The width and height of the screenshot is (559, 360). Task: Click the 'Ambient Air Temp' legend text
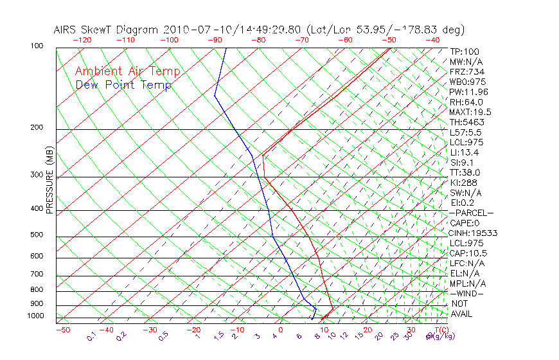[127, 71]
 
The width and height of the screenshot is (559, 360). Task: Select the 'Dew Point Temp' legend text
[123, 85]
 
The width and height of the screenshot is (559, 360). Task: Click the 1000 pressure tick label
[36, 316]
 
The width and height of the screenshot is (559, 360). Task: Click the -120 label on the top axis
[82, 40]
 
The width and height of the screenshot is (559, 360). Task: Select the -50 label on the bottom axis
[62, 330]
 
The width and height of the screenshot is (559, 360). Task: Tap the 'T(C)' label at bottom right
[440, 330]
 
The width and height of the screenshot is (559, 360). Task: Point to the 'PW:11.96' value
[469, 92]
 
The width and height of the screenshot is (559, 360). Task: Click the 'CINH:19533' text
[474, 233]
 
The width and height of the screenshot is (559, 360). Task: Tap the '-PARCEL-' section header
[471, 213]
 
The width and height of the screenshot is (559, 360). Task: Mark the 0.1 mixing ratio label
[91, 335]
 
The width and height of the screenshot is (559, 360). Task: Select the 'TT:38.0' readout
[465, 172]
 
